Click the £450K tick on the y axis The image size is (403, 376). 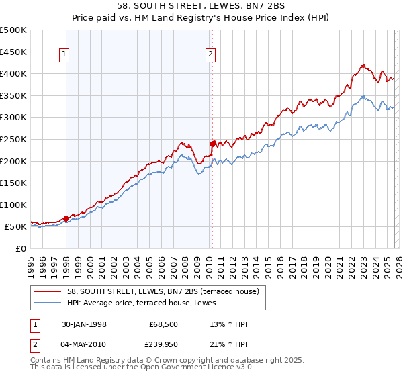pos(13,52)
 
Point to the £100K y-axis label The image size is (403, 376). pos(13,205)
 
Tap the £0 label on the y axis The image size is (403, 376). pos(20,248)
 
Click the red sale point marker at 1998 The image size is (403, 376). pos(66,218)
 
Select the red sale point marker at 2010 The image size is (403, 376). pos(212,143)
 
